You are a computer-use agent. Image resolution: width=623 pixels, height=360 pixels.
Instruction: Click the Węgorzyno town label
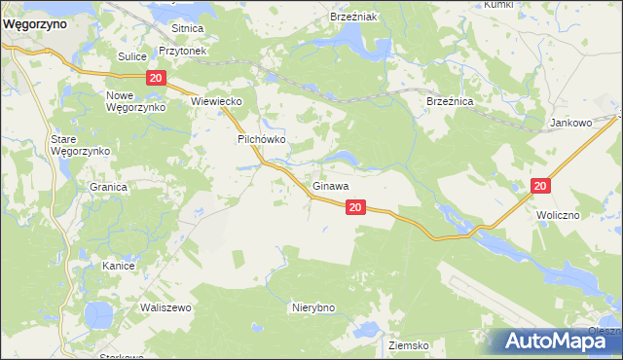34,26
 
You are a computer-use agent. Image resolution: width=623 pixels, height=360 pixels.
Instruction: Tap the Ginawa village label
331,185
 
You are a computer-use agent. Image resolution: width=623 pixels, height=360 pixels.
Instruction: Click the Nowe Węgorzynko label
134,100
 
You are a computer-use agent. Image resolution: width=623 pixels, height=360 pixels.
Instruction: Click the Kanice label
118,265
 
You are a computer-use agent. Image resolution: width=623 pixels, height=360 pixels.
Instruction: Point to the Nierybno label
313,307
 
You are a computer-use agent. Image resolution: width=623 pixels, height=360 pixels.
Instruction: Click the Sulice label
131,57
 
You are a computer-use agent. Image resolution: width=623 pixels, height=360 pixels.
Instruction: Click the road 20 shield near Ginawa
355,206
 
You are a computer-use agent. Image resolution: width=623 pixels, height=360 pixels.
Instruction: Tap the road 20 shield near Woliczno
541,185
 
